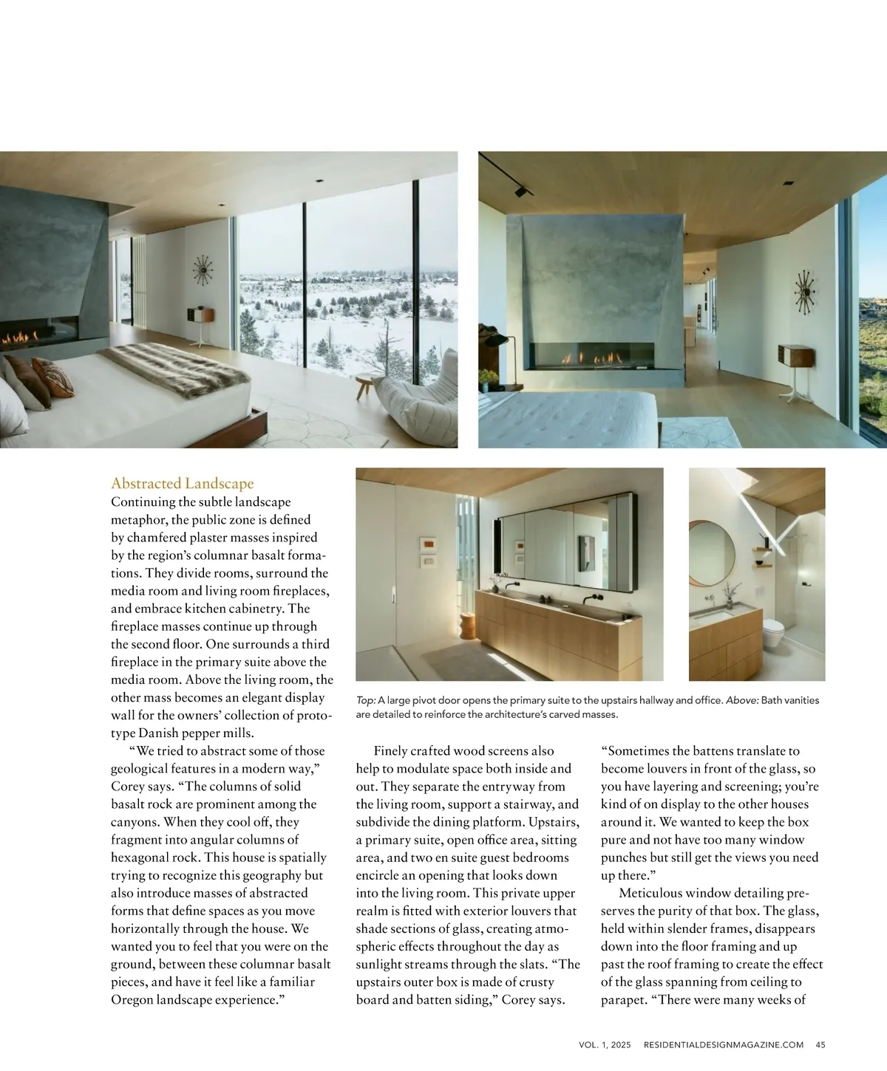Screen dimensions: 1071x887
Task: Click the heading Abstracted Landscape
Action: (182, 483)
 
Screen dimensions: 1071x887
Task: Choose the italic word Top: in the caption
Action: (366, 700)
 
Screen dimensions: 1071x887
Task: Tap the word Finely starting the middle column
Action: (390, 751)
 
